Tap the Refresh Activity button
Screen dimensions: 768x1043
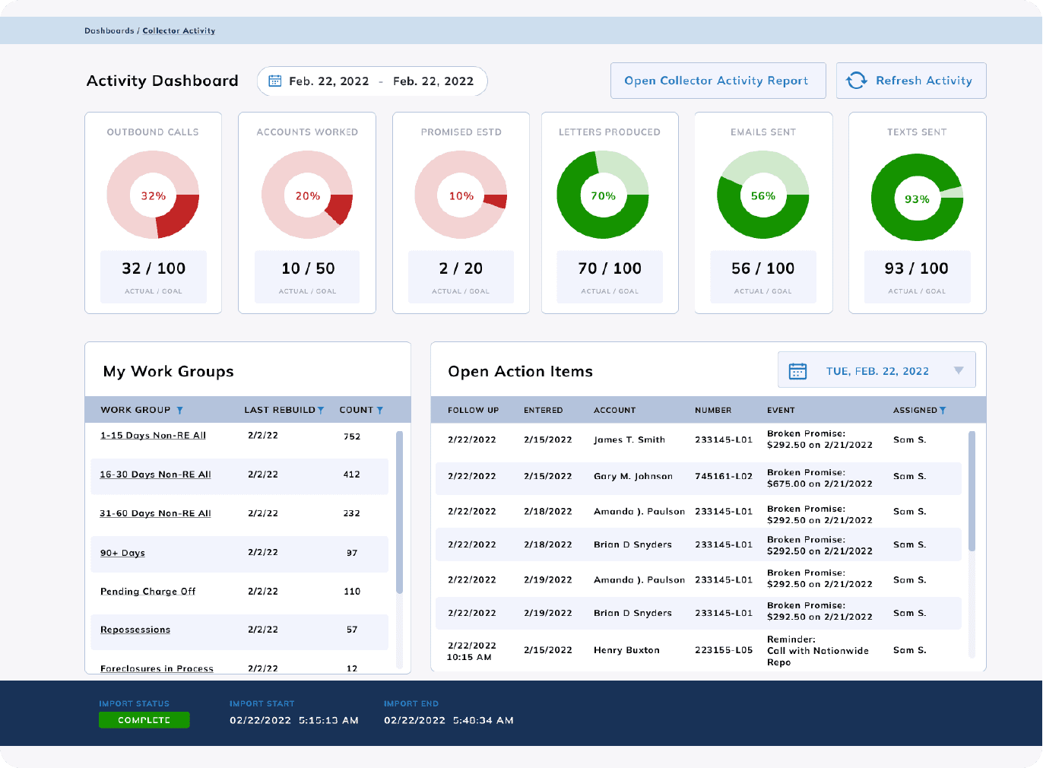[x=911, y=81]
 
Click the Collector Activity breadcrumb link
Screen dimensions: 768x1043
[x=179, y=31]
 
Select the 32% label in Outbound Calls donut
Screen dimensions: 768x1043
[x=153, y=196]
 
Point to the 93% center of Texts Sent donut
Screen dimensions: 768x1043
[x=917, y=199]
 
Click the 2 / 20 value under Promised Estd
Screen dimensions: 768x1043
[x=461, y=268]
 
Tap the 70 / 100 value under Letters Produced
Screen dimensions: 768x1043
[x=610, y=268]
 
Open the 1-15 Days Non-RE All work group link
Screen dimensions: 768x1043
[x=153, y=436]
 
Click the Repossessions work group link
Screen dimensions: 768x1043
[x=135, y=630]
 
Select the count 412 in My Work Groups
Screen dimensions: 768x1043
[x=351, y=474]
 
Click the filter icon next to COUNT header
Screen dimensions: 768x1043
[x=380, y=411]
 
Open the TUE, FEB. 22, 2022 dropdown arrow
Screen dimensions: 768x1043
[x=959, y=371]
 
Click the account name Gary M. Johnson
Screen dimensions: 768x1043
[x=632, y=477]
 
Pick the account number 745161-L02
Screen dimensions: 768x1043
[x=723, y=477]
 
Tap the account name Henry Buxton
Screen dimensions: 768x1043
[x=626, y=651]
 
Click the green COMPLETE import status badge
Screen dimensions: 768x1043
[x=144, y=720]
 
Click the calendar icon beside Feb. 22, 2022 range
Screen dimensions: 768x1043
[x=275, y=81]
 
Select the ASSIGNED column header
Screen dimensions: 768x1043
[x=915, y=411]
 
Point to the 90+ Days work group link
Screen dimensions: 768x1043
[x=122, y=553]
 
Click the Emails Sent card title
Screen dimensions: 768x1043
[x=762, y=132]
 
